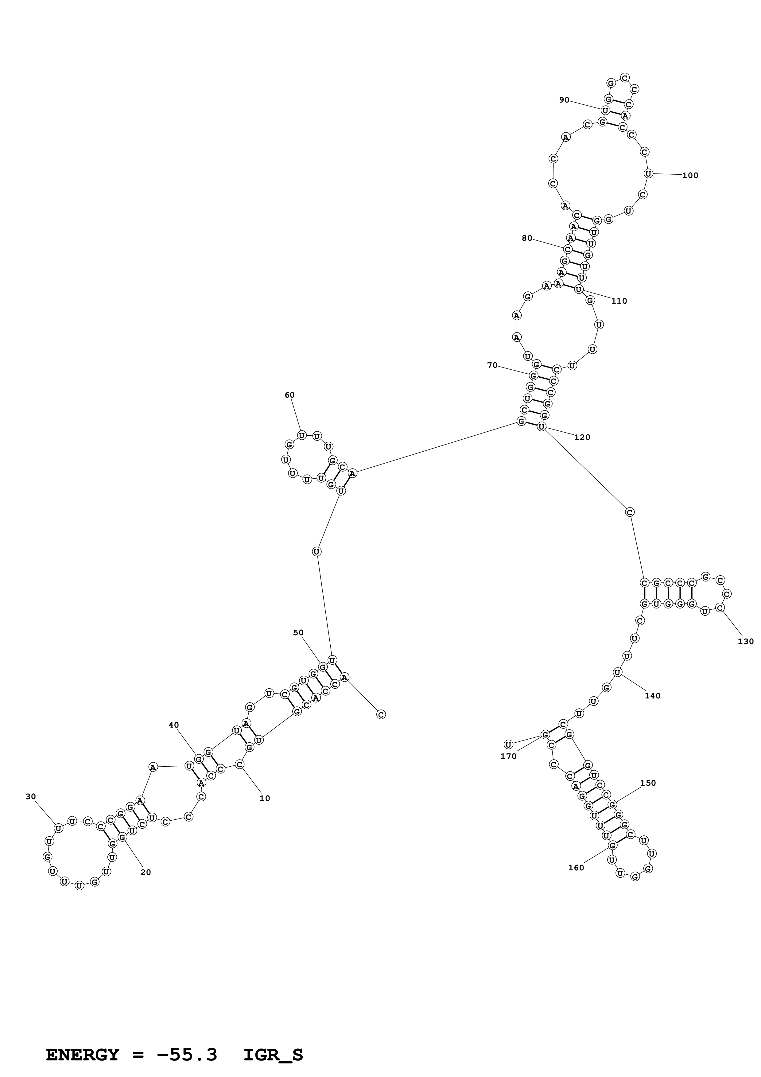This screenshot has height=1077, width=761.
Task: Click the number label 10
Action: tap(265, 798)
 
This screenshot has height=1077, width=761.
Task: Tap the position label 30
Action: tap(30, 796)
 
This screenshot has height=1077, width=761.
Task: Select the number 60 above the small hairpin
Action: tap(290, 395)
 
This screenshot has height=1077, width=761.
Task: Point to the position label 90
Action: tap(564, 100)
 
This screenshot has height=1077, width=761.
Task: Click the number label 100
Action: tap(690, 175)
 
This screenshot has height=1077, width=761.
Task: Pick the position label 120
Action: tap(582, 437)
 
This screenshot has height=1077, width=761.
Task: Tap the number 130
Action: tap(746, 642)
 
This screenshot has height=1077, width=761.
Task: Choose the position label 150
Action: tap(648, 783)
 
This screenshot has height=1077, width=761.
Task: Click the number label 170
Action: tap(508, 756)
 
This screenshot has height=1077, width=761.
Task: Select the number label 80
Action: tap(527, 238)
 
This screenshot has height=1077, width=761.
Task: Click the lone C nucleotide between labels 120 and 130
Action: tap(630, 512)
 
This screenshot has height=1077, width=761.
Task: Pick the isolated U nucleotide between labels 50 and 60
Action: tap(316, 552)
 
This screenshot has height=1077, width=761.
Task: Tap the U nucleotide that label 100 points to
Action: tap(648, 173)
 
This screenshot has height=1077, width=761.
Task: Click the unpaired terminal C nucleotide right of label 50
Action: tap(381, 714)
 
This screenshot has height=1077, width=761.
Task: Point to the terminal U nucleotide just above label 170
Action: tap(508, 745)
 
